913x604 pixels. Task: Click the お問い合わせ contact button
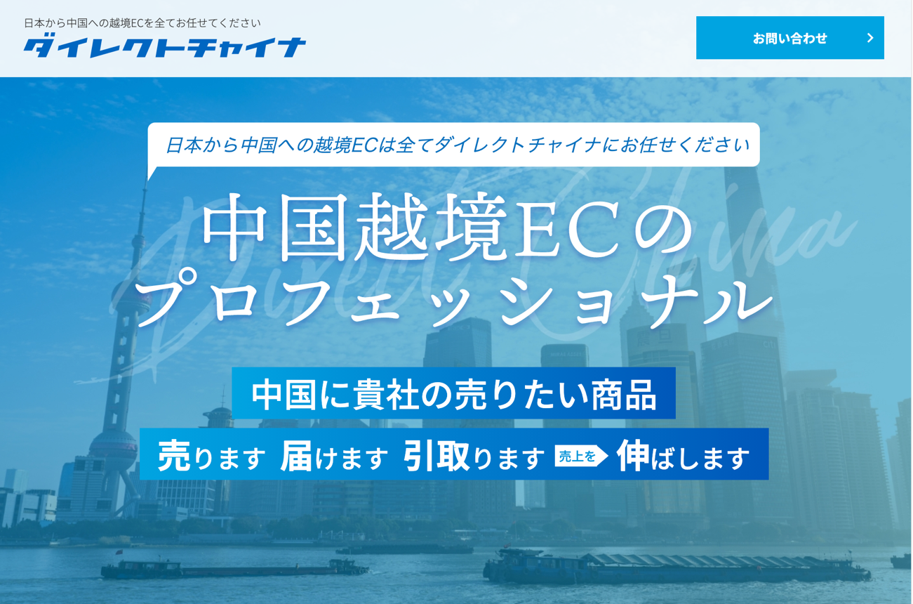(x=789, y=38)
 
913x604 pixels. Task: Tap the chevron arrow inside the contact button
(x=870, y=38)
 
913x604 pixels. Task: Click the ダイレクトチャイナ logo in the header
(x=165, y=47)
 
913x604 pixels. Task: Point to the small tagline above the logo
(x=142, y=23)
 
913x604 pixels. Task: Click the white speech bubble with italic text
(x=453, y=145)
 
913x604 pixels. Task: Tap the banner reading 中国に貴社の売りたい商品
(x=453, y=393)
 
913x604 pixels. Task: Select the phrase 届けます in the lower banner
(x=334, y=456)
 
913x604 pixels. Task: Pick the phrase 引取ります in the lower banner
(x=474, y=456)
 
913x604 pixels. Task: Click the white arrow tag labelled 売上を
(x=581, y=456)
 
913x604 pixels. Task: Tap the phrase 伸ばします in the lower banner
(x=683, y=456)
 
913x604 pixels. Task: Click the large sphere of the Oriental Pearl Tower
(x=113, y=448)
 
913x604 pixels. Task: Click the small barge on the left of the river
(x=234, y=568)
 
